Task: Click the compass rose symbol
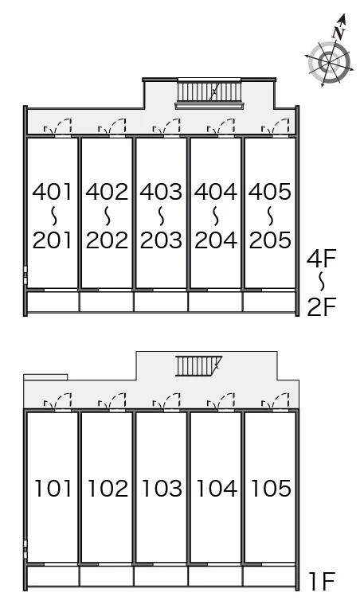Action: click(x=329, y=62)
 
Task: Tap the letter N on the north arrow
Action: click(x=338, y=33)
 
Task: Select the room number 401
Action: click(x=53, y=192)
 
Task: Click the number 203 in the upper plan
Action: click(x=161, y=240)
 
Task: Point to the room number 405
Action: click(x=270, y=192)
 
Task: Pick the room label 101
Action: click(x=53, y=489)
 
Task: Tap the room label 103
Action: click(x=162, y=489)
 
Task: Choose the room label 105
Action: click(x=270, y=489)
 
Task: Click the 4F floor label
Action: click(x=322, y=259)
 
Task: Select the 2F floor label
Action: click(x=322, y=307)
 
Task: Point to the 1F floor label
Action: click(x=323, y=582)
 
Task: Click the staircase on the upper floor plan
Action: click(x=209, y=93)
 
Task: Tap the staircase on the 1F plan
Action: click(x=198, y=366)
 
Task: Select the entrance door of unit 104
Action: click(x=221, y=401)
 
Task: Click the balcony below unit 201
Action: click(x=53, y=302)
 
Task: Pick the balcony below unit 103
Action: click(x=161, y=576)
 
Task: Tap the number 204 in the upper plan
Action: click(x=216, y=240)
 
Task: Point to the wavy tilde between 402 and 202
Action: click(x=107, y=216)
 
